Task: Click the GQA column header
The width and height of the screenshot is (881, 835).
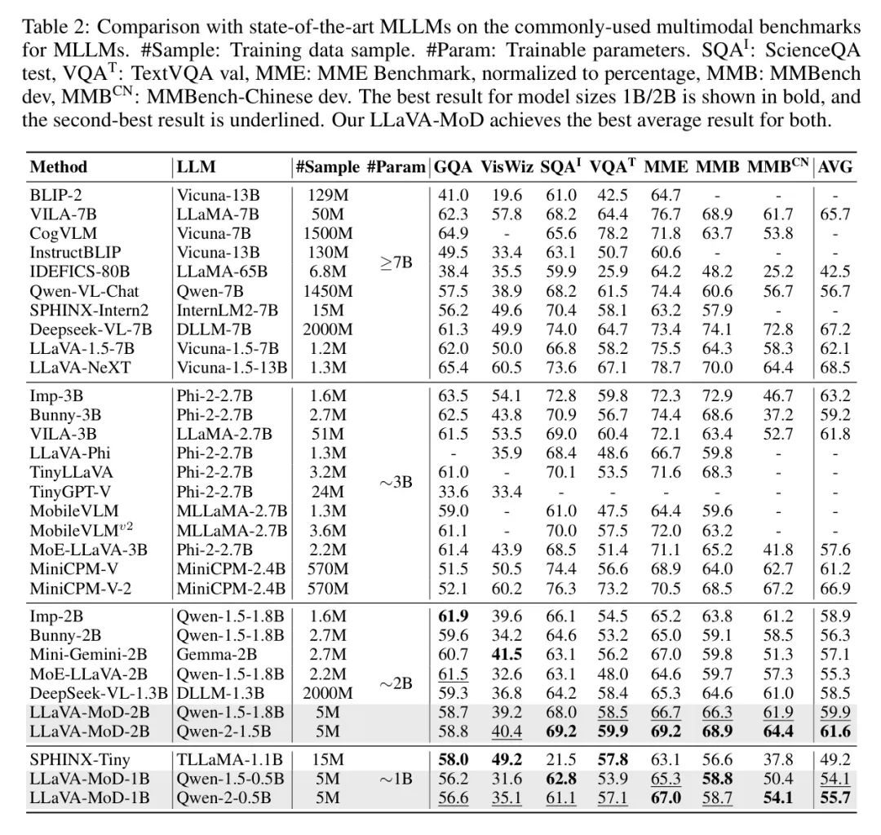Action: click(x=453, y=167)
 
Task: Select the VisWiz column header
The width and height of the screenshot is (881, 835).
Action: click(x=507, y=167)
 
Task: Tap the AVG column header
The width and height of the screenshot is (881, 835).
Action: click(x=835, y=167)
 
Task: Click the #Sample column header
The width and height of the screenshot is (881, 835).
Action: click(x=327, y=167)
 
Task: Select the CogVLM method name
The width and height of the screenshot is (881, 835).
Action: click(x=60, y=233)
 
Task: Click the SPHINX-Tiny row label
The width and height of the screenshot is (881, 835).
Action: click(x=73, y=760)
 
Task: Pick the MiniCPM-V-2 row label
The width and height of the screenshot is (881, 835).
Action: click(x=79, y=588)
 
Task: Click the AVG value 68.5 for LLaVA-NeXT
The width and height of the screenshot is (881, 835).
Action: click(x=835, y=367)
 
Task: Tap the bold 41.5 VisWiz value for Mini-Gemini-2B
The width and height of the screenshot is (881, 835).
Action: click(x=507, y=653)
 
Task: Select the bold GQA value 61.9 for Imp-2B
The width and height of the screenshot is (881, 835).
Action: click(x=453, y=616)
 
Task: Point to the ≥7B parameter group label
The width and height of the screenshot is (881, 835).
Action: click(x=396, y=263)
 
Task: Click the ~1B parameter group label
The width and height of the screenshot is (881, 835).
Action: click(x=396, y=779)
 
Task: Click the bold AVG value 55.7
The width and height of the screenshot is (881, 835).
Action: click(x=835, y=797)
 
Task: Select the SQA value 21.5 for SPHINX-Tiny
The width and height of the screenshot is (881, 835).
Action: click(x=561, y=760)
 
